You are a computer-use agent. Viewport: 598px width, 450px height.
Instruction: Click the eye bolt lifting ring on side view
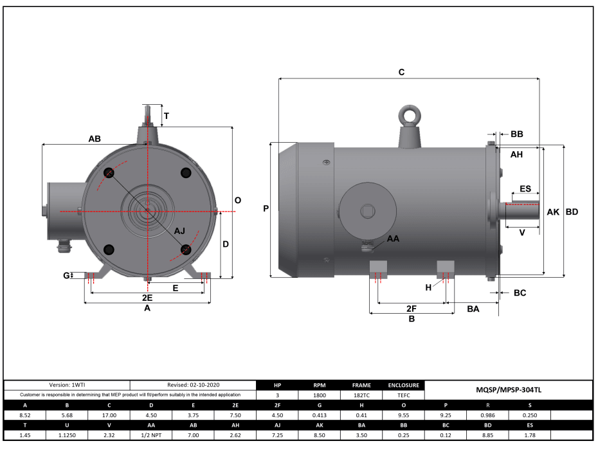pos(409,116)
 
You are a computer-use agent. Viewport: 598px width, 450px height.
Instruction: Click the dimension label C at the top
pos(401,73)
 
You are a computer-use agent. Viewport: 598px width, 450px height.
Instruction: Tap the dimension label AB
pos(95,139)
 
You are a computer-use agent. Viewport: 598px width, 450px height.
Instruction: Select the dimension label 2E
pos(147,298)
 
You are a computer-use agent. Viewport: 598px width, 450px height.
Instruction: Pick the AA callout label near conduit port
pos(393,239)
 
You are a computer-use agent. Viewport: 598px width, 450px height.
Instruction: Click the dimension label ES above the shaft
pos(525,189)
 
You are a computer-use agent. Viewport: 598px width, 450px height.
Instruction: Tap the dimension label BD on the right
pos(571,212)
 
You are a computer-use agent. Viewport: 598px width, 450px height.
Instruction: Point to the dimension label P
pos(266,208)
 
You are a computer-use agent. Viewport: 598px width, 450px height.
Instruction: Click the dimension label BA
pos(473,309)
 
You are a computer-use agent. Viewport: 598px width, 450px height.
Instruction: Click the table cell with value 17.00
pos(109,415)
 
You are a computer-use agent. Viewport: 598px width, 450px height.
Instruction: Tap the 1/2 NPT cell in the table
pos(151,435)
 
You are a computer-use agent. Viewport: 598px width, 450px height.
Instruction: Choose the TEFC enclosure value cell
pos(404,395)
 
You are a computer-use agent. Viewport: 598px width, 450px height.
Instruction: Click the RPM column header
pos(319,386)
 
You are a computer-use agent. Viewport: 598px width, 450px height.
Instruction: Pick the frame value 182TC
pos(361,395)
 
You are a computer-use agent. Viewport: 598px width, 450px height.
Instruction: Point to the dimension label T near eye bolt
pos(167,116)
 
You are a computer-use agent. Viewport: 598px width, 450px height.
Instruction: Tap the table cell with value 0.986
pos(487,415)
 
